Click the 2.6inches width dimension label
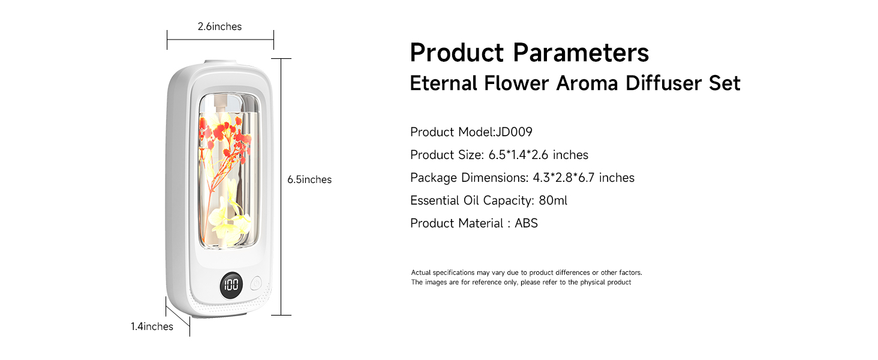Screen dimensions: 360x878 click(x=220, y=26)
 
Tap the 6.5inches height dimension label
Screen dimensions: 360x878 click(x=309, y=179)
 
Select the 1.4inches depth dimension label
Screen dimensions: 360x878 click(x=152, y=326)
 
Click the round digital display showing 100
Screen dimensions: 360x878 click(x=231, y=284)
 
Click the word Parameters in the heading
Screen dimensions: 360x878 click(x=581, y=52)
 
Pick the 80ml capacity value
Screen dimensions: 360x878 click(x=553, y=200)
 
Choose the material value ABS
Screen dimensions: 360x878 click(x=526, y=223)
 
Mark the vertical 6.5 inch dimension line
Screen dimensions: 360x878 click(x=281, y=240)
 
